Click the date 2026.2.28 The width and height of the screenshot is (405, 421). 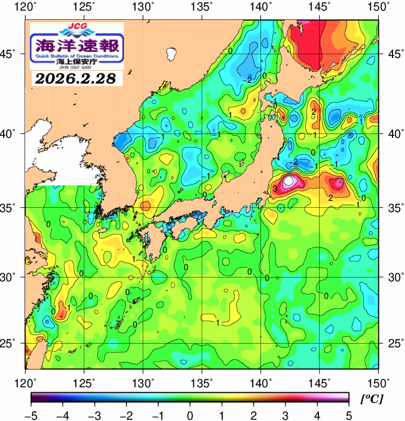coord(77,79)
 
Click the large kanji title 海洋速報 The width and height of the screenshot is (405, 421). coord(77,46)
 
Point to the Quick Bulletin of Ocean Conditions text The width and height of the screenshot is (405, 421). coord(77,57)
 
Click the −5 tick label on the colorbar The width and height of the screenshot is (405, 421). coord(31,414)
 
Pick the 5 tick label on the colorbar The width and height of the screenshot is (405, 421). coord(348,414)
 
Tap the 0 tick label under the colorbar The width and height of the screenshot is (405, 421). coord(189,414)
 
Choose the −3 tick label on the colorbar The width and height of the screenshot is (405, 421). coord(94,414)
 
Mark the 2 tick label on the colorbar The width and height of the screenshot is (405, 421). coord(253,414)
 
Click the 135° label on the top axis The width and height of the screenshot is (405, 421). coord(202,7)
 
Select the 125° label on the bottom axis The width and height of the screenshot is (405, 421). coord(85,382)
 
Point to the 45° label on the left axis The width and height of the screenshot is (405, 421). coord(12,54)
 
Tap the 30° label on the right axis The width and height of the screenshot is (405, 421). coord(393,276)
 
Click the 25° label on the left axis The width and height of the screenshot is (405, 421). coord(12,344)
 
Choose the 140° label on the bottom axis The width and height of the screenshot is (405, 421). coord(261,382)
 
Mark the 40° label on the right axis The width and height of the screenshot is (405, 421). coord(393,133)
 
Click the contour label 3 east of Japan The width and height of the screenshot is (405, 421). coord(274,188)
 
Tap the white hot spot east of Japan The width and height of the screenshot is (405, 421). coord(290,181)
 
